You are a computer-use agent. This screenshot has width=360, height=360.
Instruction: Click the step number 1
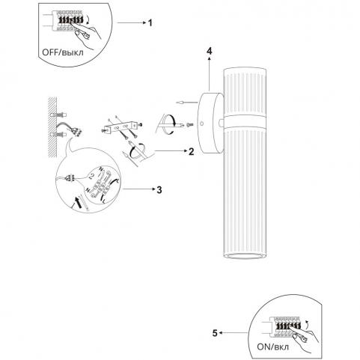click(150, 23)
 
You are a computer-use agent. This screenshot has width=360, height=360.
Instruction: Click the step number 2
click(191, 151)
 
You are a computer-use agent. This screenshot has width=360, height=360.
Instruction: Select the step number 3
click(159, 190)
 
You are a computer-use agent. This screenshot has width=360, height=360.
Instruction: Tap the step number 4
click(210, 51)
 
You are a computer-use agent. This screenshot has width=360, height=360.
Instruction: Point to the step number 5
click(215, 333)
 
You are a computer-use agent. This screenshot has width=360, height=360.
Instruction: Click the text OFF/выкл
click(63, 52)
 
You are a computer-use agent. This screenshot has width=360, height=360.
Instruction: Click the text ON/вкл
click(273, 347)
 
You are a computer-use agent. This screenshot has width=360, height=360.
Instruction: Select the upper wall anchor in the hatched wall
click(59, 115)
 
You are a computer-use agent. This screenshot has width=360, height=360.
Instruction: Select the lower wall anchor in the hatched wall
click(59, 135)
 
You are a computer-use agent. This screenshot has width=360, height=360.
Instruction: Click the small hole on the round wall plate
click(202, 123)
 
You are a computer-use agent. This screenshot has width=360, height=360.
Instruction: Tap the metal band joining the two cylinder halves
click(245, 121)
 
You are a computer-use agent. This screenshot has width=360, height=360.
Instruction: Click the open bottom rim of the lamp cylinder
click(245, 256)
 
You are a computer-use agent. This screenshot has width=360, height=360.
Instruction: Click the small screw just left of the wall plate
click(190, 124)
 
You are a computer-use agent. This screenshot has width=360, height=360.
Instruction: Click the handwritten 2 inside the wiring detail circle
click(91, 177)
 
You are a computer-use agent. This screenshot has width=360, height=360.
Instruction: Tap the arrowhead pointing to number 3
click(153, 189)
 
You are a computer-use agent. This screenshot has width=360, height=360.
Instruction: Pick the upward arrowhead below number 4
click(210, 59)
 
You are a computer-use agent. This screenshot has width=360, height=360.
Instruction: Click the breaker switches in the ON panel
click(287, 326)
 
